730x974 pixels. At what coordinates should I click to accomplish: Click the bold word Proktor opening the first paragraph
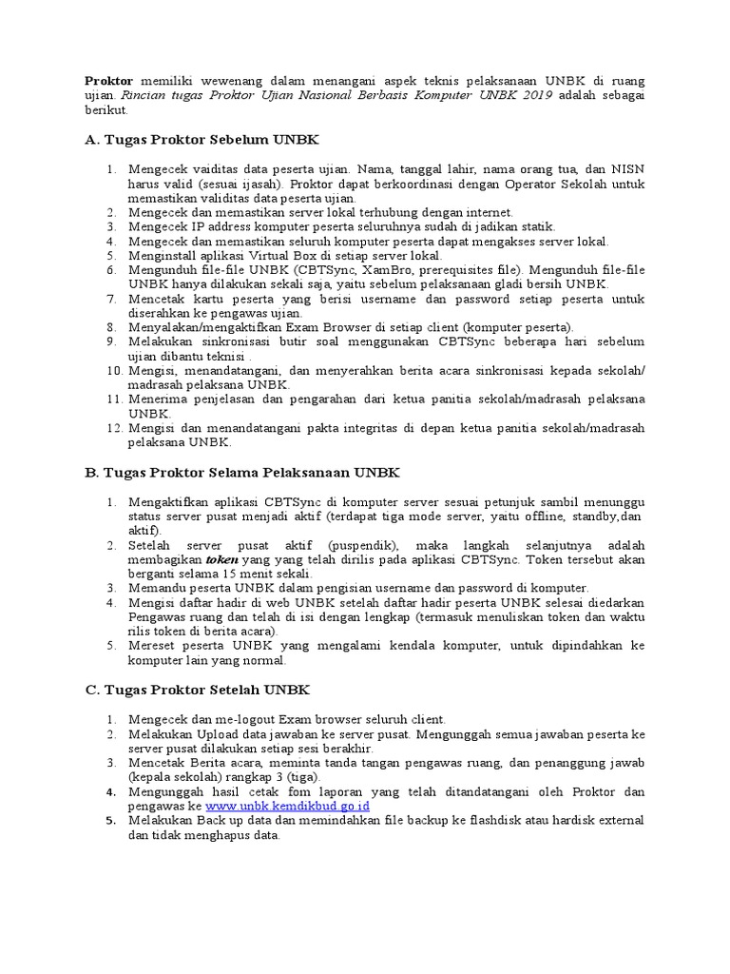[108, 82]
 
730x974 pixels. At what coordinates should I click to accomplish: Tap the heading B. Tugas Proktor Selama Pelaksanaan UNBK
[242, 472]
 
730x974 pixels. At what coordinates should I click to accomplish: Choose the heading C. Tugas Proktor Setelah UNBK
[197, 690]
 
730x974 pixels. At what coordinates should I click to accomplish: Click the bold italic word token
[222, 560]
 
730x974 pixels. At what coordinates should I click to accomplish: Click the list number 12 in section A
[113, 429]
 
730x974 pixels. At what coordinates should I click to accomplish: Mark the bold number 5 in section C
[110, 821]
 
